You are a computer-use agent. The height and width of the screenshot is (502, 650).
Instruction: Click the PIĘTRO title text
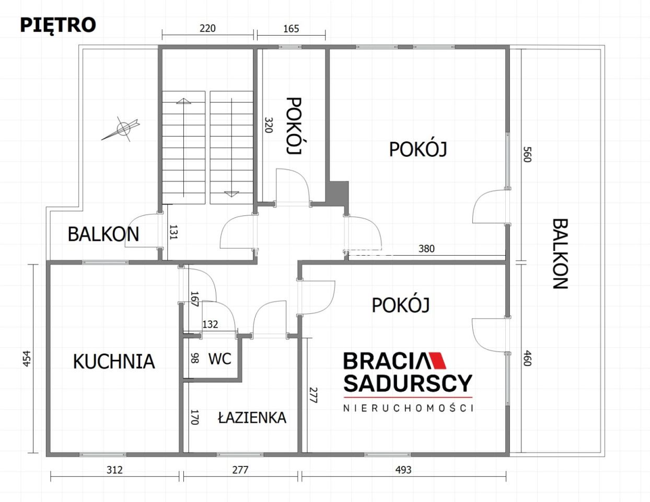pyautogui.click(x=57, y=25)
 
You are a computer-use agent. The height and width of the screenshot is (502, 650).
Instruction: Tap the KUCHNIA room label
pyautogui.click(x=114, y=361)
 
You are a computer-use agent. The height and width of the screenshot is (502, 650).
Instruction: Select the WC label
pyautogui.click(x=219, y=359)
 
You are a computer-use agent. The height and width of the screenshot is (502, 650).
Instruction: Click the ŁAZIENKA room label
pyautogui.click(x=252, y=417)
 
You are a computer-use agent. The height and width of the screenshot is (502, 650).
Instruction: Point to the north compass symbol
pyautogui.click(x=123, y=128)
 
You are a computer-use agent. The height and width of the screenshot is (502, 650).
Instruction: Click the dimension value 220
pyautogui.click(x=207, y=28)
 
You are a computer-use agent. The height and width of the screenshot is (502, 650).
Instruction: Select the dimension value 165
pyautogui.click(x=291, y=28)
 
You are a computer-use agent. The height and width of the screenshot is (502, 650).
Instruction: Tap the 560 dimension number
pyautogui.click(x=527, y=154)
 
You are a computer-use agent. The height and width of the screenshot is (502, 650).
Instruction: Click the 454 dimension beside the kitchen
pyautogui.click(x=27, y=358)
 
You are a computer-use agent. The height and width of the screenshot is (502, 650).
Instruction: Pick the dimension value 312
pyautogui.click(x=114, y=470)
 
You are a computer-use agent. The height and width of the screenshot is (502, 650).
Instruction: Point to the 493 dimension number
pyautogui.click(x=403, y=470)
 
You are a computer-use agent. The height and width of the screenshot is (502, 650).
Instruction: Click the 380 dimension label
pyautogui.click(x=426, y=248)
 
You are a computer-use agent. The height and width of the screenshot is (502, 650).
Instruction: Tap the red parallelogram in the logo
pyautogui.click(x=438, y=361)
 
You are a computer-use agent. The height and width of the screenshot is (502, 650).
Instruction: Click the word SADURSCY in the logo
pyautogui.click(x=408, y=383)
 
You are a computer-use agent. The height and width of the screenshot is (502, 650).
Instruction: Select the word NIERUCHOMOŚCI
pyautogui.click(x=408, y=408)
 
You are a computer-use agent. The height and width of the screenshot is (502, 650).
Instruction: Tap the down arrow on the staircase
pyautogui.click(x=231, y=193)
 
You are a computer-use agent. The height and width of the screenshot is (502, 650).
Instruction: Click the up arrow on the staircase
pyautogui.click(x=183, y=101)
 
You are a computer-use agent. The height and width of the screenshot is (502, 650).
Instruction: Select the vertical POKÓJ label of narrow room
pyautogui.click(x=295, y=125)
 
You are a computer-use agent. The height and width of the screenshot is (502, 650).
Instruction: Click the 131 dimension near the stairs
pyautogui.click(x=173, y=232)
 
